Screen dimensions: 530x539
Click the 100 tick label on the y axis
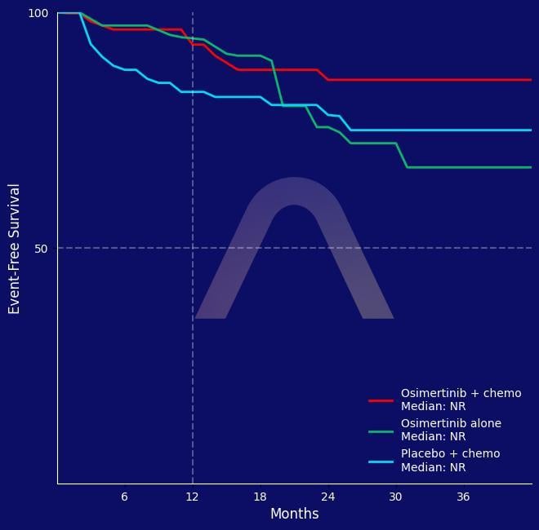[x=38, y=13]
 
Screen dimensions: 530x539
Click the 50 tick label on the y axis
[x=42, y=248]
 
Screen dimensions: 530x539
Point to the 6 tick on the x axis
[x=124, y=497]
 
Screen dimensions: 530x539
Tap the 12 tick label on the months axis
[x=192, y=497]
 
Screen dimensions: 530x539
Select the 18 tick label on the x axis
[x=260, y=497]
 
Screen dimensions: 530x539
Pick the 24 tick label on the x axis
[x=327, y=497]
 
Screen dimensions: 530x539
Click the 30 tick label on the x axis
[x=395, y=497]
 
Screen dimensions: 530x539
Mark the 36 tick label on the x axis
[x=463, y=497]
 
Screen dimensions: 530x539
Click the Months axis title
[x=294, y=515]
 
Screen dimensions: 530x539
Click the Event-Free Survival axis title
[x=15, y=248]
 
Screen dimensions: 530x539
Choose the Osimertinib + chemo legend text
[x=461, y=400]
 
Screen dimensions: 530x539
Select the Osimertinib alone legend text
[x=451, y=430]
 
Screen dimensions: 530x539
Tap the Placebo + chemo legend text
[x=450, y=461]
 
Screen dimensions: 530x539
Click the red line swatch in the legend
[x=381, y=400]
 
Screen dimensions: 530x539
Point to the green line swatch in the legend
[x=381, y=431]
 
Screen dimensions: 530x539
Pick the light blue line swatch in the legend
[x=381, y=462]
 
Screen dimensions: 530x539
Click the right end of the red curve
[x=531, y=80]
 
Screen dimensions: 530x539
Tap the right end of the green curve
[x=531, y=167]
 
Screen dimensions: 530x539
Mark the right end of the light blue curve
[x=531, y=130]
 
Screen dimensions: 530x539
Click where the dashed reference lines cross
[x=193, y=248]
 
